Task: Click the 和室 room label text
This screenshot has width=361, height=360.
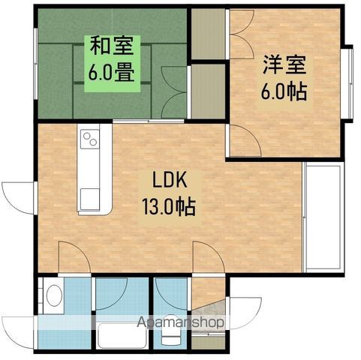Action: pyautogui.click(x=112, y=46)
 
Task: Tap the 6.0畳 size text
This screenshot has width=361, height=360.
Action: pyautogui.click(x=112, y=72)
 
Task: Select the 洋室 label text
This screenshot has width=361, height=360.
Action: pyautogui.click(x=284, y=64)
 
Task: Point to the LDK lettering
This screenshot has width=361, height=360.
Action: pyautogui.click(x=170, y=180)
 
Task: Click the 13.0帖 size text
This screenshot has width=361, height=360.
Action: pyautogui.click(x=169, y=207)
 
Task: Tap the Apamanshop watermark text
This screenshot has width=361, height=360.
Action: pyautogui.click(x=181, y=322)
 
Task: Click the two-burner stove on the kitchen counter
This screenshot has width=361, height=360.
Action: pyautogui.click(x=90, y=139)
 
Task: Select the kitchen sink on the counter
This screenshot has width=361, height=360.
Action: pyautogui.click(x=90, y=199)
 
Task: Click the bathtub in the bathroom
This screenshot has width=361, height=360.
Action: pyautogui.click(x=122, y=335)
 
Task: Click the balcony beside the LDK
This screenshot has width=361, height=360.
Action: pyautogui.click(x=323, y=217)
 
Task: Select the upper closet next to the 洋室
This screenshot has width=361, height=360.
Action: pyautogui.click(x=208, y=34)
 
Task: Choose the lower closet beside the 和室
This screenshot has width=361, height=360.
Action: pyautogui.click(x=208, y=91)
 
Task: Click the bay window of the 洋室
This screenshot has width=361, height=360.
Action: pyautogui.click(x=347, y=83)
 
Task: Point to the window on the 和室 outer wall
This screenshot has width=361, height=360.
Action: pyautogui.click(x=35, y=64)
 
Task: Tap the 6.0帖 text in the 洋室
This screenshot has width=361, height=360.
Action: pyautogui.click(x=284, y=91)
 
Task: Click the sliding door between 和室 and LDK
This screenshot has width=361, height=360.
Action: pyautogui.click(x=149, y=121)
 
